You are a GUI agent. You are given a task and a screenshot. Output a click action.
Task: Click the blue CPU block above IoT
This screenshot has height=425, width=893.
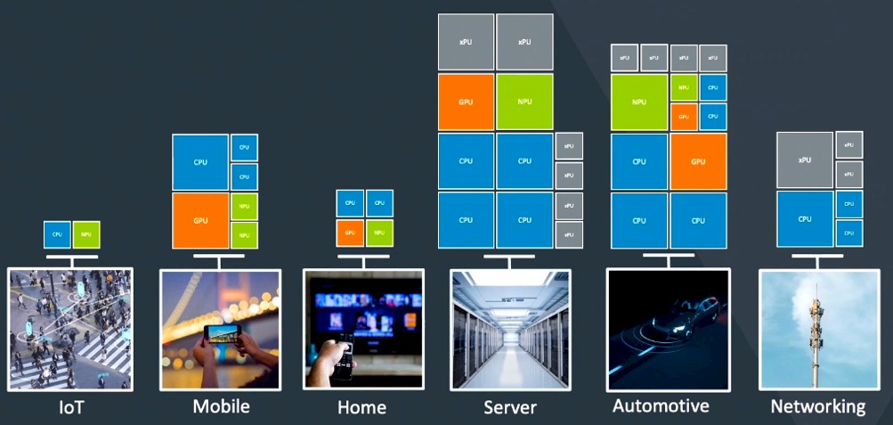[57, 234]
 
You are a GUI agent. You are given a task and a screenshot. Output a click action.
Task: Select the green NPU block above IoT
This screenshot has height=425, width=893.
[86, 234]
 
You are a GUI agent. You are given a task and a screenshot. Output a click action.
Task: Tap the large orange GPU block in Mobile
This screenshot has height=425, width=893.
[200, 220]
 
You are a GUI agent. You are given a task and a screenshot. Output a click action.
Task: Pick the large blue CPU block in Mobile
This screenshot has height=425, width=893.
[200, 162]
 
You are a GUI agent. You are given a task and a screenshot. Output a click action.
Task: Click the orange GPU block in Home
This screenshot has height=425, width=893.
[349, 233]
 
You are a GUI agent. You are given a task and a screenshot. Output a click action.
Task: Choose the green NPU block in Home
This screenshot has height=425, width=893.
[379, 233]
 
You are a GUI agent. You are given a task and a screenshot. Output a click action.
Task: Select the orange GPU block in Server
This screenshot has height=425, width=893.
[466, 102]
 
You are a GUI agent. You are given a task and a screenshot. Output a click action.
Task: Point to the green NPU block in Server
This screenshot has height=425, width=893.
[524, 102]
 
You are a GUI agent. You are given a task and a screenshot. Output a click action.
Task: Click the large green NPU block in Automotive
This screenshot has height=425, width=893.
[639, 102]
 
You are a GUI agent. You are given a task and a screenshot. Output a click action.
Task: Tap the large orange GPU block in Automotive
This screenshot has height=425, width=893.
[698, 161]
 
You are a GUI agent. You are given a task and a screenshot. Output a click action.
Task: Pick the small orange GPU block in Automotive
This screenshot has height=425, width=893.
[684, 117]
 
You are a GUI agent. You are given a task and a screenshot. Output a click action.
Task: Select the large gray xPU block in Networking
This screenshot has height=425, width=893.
[805, 159]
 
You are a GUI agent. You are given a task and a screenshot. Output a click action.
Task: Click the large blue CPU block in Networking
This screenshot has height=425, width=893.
[805, 218]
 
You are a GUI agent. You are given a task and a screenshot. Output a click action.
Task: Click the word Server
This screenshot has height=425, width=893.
[510, 407]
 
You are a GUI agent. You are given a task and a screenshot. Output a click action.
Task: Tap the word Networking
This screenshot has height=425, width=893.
[817, 406]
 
